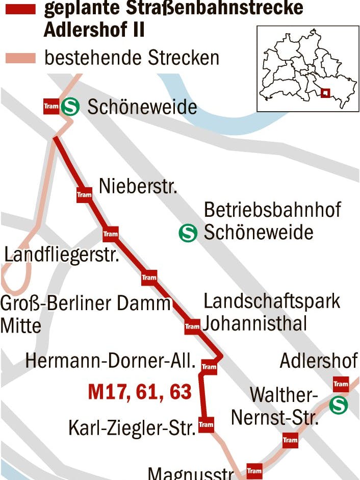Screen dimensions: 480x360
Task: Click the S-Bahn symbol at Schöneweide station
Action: pos(70,107)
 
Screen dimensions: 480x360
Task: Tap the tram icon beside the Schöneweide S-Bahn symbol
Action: pos(52,106)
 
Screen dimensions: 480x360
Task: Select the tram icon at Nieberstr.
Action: pos(84,194)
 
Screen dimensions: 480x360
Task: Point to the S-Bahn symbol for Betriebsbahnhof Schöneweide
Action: pos(188,233)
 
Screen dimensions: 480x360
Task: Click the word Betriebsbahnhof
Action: pos(272,210)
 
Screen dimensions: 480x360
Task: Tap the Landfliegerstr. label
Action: pos(61,254)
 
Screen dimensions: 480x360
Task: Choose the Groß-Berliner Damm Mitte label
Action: pos(84,314)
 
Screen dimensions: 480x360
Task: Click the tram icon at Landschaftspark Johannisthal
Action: pos(192,326)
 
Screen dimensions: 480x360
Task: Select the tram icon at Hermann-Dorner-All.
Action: pos(209,366)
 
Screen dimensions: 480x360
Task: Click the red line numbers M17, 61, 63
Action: pos(140,392)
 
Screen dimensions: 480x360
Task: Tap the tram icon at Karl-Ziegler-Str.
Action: pos(206,424)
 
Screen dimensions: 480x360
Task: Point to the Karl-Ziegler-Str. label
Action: pos(132,427)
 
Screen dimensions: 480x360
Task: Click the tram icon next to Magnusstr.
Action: pos(254,470)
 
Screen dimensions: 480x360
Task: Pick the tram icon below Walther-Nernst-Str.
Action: pos(290,440)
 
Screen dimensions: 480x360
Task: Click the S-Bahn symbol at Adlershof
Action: pos(338,405)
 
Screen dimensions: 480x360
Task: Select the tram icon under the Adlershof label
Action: pos(340,384)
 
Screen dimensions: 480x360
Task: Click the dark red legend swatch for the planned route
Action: pos(20,9)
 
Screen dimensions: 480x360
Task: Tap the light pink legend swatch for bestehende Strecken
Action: pos(20,58)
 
